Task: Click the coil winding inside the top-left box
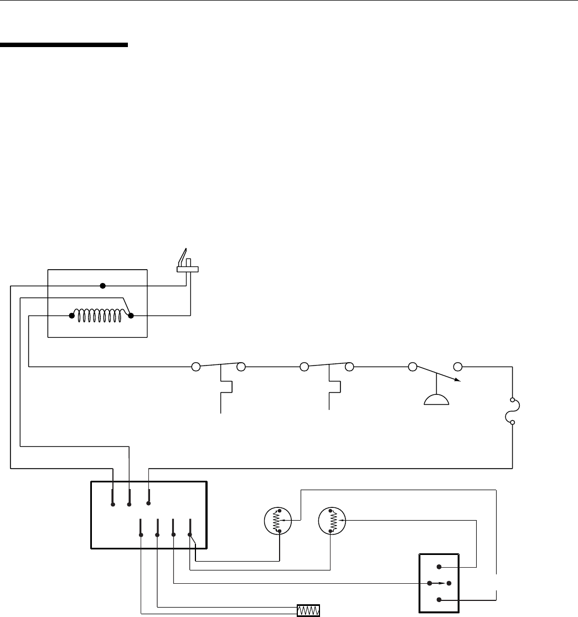[x=101, y=316]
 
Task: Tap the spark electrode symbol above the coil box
[x=186, y=264]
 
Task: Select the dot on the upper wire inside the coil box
[x=102, y=286]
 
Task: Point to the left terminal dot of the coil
[x=72, y=316]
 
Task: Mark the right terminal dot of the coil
[x=131, y=316]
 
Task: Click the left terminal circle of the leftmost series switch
[x=195, y=366]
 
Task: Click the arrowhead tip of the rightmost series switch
[x=457, y=381]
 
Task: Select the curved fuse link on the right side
[x=516, y=411]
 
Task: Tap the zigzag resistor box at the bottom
[x=309, y=610]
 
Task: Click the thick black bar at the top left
[x=64, y=45]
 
